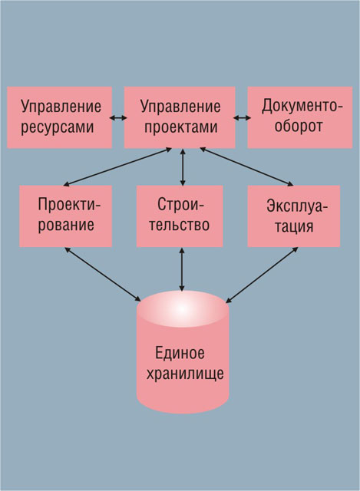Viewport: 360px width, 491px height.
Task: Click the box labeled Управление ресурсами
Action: click(60, 117)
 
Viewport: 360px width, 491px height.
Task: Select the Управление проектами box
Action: click(180, 117)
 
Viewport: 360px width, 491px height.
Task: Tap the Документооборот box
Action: click(300, 117)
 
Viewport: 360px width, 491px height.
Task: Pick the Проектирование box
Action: click(65, 216)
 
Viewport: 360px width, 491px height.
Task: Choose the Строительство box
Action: click(180, 216)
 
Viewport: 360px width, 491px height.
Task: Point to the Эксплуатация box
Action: click(293, 216)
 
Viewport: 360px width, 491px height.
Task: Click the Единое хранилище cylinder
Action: click(183, 352)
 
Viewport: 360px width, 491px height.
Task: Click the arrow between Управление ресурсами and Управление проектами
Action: click(118, 117)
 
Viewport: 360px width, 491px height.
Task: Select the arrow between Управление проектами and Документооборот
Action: click(242, 117)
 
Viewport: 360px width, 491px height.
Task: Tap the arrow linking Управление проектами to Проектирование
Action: click(117, 166)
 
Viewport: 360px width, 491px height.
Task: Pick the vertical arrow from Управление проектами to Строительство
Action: click(183, 166)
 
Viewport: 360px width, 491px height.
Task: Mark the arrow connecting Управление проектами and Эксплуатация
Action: click(246, 166)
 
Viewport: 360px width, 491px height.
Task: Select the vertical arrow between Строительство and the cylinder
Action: click(182, 269)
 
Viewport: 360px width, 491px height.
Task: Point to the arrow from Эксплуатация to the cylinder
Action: click(262, 275)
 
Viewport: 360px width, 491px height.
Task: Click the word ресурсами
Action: click(58, 127)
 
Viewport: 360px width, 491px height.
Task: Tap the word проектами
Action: click(181, 127)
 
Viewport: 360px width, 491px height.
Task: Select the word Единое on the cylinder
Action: click(180, 353)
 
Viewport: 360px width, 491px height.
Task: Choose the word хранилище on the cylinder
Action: click(185, 374)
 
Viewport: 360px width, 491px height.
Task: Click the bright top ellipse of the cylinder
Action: click(183, 308)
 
